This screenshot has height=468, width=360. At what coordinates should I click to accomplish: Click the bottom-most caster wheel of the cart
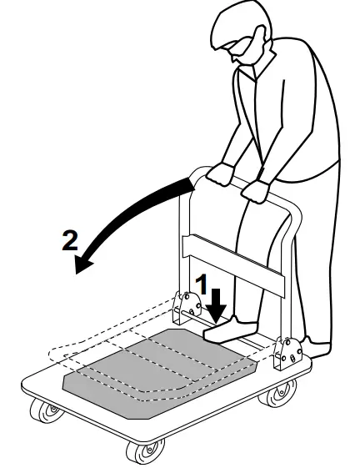click(135, 453)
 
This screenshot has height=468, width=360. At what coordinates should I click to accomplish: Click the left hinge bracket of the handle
click(185, 308)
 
